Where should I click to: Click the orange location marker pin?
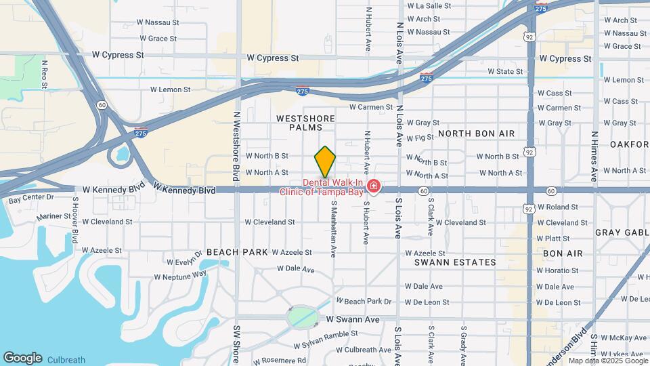(325, 161)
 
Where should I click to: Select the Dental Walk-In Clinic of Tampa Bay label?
(322, 186)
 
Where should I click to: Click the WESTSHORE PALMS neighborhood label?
(306, 123)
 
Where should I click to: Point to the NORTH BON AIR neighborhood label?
(476, 134)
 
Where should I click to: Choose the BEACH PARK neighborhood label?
(238, 252)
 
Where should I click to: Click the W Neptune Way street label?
(180, 276)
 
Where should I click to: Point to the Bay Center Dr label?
(31, 197)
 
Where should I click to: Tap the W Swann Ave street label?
(353, 319)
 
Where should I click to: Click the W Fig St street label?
(420, 138)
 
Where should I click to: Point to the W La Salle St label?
(429, 5)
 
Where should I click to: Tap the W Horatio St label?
(558, 270)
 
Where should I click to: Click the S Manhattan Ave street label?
(333, 228)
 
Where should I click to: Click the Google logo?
(22, 358)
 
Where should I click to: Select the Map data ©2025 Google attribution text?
(608, 361)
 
